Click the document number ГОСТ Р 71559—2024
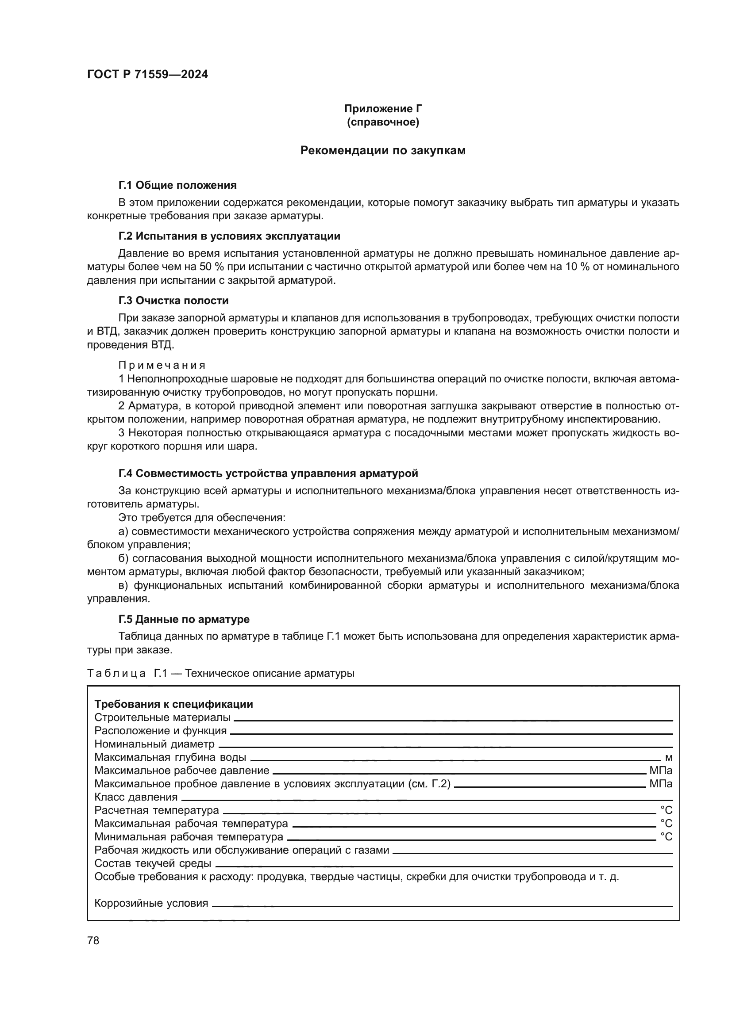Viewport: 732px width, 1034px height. (147, 75)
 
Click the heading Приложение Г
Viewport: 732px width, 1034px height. (383, 109)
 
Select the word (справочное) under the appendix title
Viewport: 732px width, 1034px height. (383, 122)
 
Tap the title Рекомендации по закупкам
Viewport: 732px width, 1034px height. (383, 150)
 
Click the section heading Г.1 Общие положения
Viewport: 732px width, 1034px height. (177, 185)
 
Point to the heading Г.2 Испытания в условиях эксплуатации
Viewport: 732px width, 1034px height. (229, 236)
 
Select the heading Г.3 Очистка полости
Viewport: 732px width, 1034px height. (173, 300)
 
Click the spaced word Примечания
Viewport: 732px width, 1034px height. (162, 365)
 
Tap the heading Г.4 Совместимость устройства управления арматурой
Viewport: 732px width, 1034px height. (268, 473)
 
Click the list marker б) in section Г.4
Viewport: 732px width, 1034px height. (123, 558)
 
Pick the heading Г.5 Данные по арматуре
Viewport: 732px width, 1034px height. (184, 619)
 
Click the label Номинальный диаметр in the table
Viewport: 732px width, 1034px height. (154, 744)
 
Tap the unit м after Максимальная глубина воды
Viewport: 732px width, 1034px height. (668, 758)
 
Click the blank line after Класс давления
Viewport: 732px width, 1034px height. (424, 799)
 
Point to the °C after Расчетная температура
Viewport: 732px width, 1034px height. (666, 811)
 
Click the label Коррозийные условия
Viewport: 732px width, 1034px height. (151, 904)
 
